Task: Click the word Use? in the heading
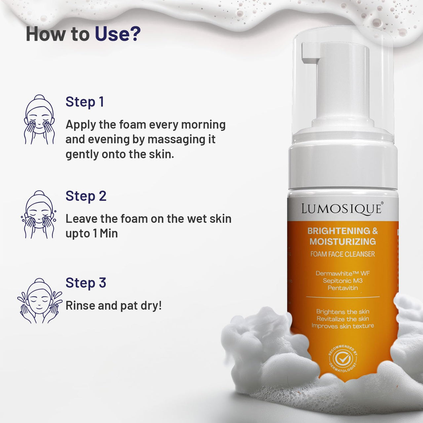(118, 34)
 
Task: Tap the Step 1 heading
(85, 102)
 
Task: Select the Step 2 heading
(86, 196)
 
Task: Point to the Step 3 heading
(86, 283)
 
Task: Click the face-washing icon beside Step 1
(39, 120)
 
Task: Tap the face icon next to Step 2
(39, 214)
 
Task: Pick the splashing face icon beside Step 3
(39, 301)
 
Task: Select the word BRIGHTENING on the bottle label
(339, 231)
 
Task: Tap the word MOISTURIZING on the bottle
(343, 242)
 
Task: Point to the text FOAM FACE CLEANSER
(343, 254)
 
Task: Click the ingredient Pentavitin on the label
(343, 288)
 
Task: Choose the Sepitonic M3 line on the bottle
(343, 281)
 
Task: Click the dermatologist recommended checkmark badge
(343, 358)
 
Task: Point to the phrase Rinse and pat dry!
(114, 306)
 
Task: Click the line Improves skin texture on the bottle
(343, 326)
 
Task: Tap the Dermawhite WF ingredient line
(343, 273)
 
